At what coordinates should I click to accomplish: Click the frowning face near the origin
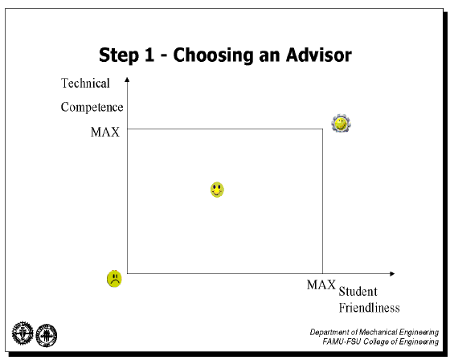[x=114, y=279]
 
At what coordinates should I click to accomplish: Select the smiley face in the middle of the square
[x=217, y=190]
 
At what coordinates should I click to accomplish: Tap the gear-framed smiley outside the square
[x=342, y=124]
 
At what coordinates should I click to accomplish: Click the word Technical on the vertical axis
[x=85, y=84]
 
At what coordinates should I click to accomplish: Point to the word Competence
[x=92, y=107]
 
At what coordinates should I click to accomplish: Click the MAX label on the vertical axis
[x=105, y=132]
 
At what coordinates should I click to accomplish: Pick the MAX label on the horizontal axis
[x=321, y=284]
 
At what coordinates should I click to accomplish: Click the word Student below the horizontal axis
[x=358, y=292]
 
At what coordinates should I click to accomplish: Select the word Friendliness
[x=369, y=308]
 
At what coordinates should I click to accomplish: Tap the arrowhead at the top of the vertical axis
[x=127, y=80]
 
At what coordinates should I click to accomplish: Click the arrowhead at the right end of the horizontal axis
[x=392, y=273]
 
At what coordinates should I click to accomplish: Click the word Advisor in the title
[x=319, y=55]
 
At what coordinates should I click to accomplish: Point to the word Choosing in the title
[x=213, y=55]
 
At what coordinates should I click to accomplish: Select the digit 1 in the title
[x=149, y=55]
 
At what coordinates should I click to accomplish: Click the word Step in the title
[x=119, y=55]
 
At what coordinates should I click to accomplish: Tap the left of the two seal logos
[x=22, y=333]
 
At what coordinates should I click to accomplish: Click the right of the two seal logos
[x=47, y=335]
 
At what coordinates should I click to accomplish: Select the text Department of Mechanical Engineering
[x=374, y=332]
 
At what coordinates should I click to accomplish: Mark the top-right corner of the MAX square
[x=322, y=129]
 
